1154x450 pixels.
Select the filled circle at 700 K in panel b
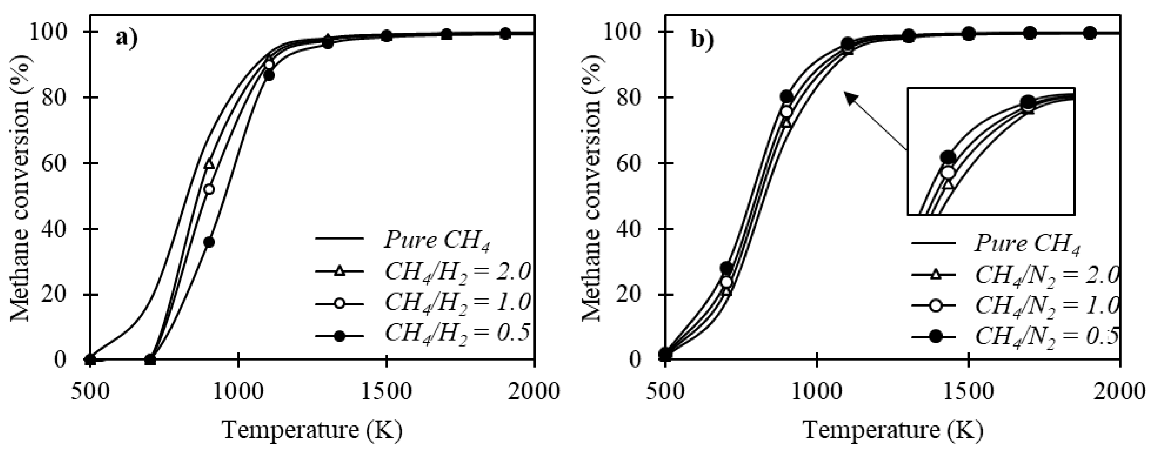726,268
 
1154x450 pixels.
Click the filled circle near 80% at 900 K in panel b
787,96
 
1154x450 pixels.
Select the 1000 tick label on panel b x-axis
817,392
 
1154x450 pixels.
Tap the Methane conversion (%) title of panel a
21,190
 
